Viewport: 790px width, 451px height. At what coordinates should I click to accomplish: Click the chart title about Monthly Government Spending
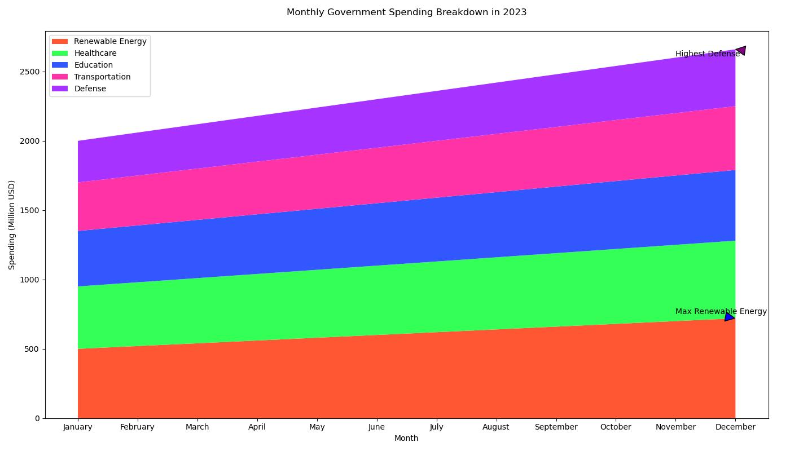[406, 12]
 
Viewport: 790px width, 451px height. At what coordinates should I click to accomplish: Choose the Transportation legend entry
[102, 77]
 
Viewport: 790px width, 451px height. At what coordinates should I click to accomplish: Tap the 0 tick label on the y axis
[37, 418]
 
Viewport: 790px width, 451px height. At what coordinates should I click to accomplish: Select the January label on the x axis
[78, 427]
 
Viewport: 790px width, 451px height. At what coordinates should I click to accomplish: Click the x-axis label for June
[376, 427]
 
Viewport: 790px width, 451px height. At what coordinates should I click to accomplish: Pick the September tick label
[556, 427]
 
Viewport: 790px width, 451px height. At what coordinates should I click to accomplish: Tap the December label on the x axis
[735, 427]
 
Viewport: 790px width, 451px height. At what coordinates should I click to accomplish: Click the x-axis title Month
[406, 439]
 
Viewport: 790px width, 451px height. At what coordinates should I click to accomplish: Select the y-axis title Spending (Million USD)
[12, 224]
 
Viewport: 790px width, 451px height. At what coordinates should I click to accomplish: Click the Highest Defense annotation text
[707, 54]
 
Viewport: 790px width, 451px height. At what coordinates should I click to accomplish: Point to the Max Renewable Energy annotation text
[721, 312]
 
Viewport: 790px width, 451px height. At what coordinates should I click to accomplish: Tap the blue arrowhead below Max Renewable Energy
[730, 317]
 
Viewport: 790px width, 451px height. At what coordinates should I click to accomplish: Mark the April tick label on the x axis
[257, 427]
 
